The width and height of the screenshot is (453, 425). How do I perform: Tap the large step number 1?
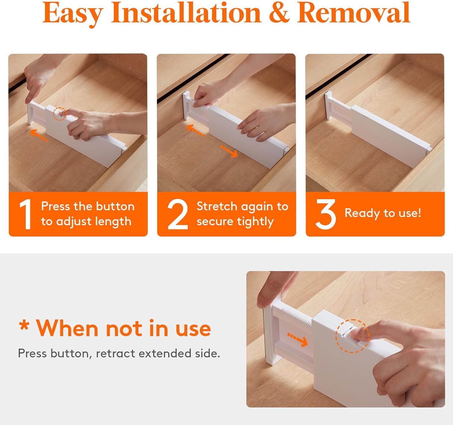[26, 214]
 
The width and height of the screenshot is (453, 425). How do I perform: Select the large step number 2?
[178, 214]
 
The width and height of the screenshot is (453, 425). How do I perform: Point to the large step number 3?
[326, 214]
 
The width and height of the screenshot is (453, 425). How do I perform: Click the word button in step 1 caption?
[115, 206]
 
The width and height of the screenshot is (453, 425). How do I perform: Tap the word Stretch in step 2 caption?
[217, 206]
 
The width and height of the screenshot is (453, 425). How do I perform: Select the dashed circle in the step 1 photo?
[59, 114]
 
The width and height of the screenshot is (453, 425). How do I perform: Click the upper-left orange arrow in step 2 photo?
[195, 131]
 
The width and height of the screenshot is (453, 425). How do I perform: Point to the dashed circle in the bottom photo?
[353, 336]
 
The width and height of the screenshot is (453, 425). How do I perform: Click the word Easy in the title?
[73, 14]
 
